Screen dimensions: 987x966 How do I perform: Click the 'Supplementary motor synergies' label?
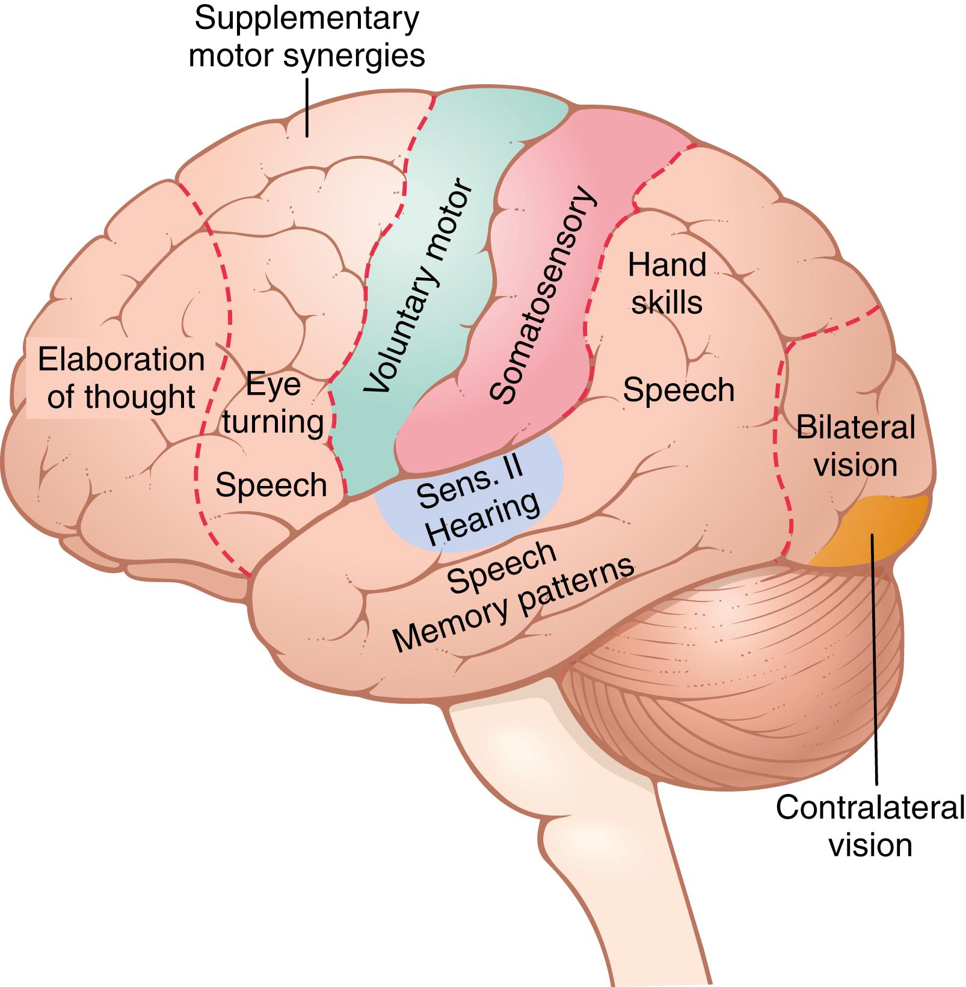(x=307, y=37)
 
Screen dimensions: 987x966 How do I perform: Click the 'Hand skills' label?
(x=666, y=283)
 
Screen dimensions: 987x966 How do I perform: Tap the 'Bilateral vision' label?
(x=855, y=446)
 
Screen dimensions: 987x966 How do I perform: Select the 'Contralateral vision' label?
(x=870, y=826)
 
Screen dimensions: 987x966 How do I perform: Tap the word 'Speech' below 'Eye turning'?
(x=271, y=485)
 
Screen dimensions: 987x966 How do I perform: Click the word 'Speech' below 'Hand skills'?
(x=678, y=390)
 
